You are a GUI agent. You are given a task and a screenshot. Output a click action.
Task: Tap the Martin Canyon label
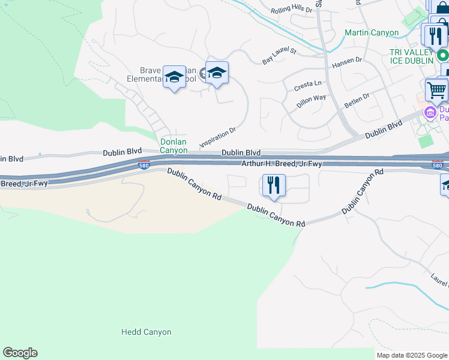tap(372, 33)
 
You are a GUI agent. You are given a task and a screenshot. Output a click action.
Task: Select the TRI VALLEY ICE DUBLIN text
tap(411, 57)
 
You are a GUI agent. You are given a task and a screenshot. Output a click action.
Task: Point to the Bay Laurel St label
tap(280, 56)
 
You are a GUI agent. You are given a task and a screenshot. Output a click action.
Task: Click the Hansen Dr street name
tap(347, 61)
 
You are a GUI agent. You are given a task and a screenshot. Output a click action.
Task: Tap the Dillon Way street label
tap(311, 101)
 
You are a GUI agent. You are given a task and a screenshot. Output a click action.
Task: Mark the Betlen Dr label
tap(358, 100)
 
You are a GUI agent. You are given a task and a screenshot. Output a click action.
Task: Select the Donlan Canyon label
tap(173, 146)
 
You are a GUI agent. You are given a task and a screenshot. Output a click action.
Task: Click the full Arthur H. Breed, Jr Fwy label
tap(282, 163)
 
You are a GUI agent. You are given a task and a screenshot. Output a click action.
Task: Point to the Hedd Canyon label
tap(146, 332)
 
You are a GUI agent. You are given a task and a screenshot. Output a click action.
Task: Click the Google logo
tap(20, 353)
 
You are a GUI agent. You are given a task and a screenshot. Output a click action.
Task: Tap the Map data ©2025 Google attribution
tap(412, 355)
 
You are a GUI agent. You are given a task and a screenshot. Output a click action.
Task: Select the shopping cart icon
tap(436, 91)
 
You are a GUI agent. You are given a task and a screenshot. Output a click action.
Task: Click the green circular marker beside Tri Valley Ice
tap(443, 56)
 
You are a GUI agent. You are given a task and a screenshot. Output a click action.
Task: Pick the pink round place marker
tap(430, 112)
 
